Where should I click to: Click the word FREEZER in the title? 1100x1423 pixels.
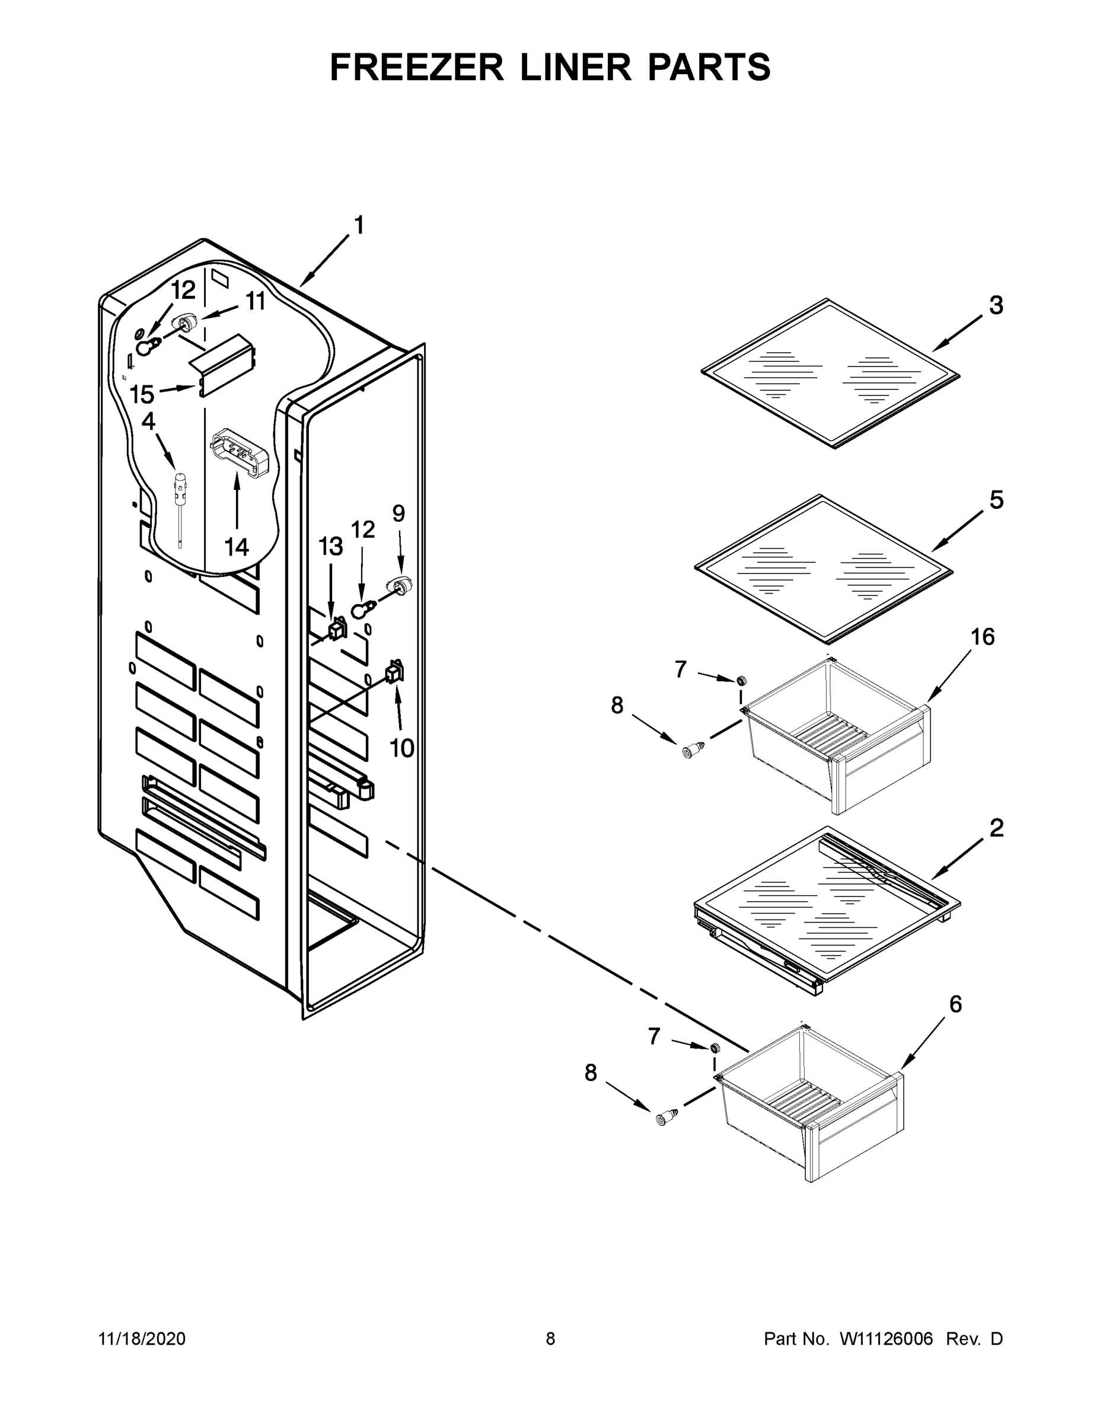tap(416, 67)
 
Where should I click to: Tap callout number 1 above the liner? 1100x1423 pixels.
tap(358, 225)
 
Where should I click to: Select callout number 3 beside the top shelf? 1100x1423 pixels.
tap(996, 305)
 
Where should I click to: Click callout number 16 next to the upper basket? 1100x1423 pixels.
tap(983, 637)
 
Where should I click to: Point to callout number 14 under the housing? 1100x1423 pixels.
tap(237, 547)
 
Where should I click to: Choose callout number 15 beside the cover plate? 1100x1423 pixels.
tap(141, 394)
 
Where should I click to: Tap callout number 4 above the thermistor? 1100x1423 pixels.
tap(149, 422)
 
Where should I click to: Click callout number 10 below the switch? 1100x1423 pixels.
tap(401, 748)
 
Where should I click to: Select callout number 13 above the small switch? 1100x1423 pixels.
tap(330, 546)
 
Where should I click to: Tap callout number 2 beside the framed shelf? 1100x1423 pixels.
tap(996, 829)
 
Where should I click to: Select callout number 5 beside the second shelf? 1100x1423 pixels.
tap(996, 500)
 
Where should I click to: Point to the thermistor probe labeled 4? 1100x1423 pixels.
tap(178, 502)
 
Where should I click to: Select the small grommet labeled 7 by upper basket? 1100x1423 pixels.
tap(741, 680)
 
